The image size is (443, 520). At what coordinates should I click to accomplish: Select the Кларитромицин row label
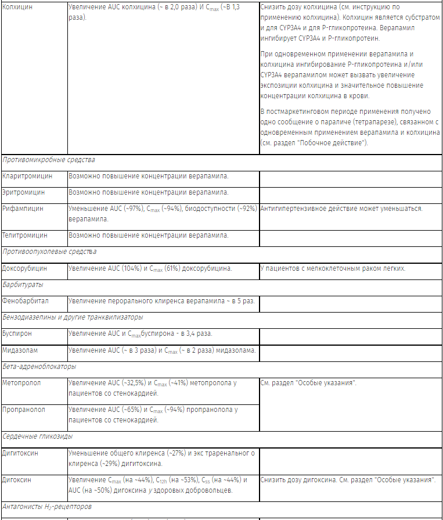pos(27,175)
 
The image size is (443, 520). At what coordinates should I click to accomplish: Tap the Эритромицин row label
pos(24,192)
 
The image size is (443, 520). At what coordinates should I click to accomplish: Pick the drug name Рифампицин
pos(23,209)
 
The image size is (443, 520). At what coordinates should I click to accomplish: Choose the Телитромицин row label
pos(25,235)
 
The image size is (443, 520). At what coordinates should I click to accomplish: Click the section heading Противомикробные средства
pos(49,159)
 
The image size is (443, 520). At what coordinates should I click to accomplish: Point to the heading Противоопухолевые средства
pos(49,252)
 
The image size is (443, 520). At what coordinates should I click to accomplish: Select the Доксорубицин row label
pos(25,268)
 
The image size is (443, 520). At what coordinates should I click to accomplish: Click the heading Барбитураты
pos(23,285)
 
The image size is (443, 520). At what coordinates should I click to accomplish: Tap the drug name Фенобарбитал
pos(26,301)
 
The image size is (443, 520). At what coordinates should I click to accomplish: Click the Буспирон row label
pos(17,334)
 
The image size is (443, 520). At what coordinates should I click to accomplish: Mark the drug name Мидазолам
pos(21,350)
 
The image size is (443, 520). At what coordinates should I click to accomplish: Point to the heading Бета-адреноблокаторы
pos(39,367)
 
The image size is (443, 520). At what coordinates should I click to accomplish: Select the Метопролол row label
pos(23,383)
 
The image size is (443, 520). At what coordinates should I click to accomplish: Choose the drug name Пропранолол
pos(24,410)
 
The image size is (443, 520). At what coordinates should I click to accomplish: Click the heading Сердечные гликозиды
pos(38,436)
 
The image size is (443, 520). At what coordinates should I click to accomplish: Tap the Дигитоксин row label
pos(21,453)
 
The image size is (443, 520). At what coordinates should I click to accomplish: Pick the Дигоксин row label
pos(17,480)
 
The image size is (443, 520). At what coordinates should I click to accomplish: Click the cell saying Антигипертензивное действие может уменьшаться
pos(341,209)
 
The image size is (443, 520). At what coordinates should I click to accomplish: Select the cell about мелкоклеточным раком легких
pos(333,268)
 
